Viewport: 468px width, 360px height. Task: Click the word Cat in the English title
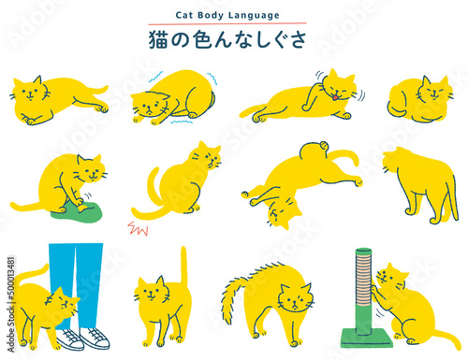pos(184,15)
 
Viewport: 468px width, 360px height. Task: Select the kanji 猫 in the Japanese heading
pos(158,39)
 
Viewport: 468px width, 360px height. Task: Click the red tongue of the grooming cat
pos(335,97)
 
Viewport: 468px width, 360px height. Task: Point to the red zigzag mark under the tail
pos(138,228)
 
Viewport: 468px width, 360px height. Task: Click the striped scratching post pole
pos(364,291)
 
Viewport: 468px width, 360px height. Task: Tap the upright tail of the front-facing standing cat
pos(184,265)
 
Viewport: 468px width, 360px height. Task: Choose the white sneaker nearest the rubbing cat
pos(71,338)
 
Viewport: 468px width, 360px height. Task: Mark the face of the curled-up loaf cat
pos(434,92)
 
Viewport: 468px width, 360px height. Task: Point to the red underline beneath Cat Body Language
pos(227,23)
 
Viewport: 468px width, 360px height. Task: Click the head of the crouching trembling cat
pos(150,106)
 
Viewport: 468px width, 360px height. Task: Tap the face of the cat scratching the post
pos(391,277)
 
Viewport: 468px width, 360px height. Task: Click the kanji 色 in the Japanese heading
pos(204,40)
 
